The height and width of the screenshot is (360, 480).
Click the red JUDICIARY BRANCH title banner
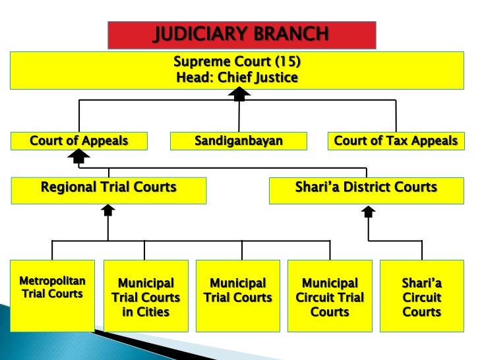tap(241, 35)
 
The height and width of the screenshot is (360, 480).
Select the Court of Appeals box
tap(78, 141)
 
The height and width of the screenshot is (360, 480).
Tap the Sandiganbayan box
tap(239, 141)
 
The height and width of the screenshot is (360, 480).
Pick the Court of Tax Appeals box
tap(396, 141)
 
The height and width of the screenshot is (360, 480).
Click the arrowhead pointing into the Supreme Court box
tap(239, 95)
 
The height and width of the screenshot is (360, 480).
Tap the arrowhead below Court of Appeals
tap(79, 156)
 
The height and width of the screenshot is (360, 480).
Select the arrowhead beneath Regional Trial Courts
tap(108, 210)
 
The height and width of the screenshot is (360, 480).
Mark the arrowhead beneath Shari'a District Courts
tap(369, 211)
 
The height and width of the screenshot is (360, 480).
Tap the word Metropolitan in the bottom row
tap(52, 282)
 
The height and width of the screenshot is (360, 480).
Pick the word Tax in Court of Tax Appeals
tap(392, 141)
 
